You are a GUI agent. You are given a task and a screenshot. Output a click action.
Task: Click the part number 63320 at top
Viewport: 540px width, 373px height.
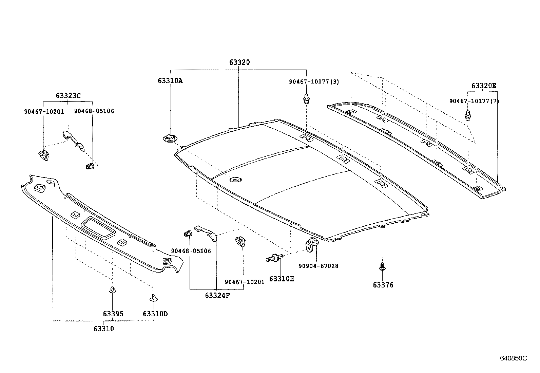point(239,62)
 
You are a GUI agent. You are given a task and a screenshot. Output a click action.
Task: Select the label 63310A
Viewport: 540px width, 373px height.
point(170,81)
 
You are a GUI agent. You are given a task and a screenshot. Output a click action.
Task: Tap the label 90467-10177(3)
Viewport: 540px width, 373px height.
point(314,82)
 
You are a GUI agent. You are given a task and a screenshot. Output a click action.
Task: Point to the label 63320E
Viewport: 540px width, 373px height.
point(483,86)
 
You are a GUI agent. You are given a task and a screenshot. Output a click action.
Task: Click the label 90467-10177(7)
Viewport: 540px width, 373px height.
point(474,101)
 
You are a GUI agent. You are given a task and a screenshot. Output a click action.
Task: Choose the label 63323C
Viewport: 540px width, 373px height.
point(68,96)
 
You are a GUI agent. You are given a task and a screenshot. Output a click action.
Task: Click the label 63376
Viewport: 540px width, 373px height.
point(383,285)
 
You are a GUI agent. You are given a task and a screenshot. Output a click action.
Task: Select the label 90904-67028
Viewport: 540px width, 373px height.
point(318,266)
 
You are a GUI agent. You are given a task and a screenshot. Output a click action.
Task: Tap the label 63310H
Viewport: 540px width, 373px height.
point(282,279)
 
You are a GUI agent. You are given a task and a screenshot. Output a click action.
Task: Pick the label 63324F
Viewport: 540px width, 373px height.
point(217,295)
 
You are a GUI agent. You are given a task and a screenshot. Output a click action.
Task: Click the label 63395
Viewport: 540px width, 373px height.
point(113,314)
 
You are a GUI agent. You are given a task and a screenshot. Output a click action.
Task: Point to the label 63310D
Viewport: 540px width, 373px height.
point(155,314)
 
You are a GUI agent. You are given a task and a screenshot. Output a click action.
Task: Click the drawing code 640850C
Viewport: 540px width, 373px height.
point(513,358)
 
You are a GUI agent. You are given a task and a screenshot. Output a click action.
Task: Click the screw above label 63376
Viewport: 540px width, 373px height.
point(382,266)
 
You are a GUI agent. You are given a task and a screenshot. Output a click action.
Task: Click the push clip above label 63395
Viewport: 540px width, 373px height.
point(112,290)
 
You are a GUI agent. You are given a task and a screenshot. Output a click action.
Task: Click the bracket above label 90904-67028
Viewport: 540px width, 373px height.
point(312,244)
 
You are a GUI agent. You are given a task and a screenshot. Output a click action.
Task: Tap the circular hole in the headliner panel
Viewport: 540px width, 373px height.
point(234,179)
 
